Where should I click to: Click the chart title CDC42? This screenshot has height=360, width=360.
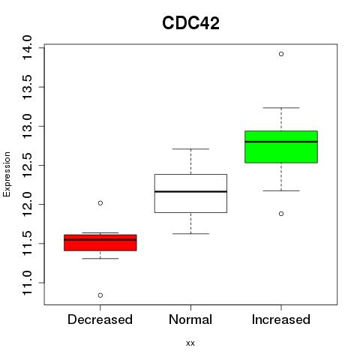click(x=190, y=23)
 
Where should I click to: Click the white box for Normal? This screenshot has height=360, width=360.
click(x=190, y=193)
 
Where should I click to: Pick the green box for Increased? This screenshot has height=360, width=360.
click(x=281, y=147)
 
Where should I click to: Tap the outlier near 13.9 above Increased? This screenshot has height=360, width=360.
click(x=281, y=54)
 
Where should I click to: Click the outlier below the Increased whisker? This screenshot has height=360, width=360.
click(x=281, y=214)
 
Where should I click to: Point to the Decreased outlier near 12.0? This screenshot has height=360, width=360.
click(x=100, y=203)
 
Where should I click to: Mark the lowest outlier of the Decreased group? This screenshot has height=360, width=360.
click(x=100, y=295)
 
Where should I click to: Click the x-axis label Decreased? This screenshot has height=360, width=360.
click(x=100, y=319)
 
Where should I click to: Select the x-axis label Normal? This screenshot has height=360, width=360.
click(x=190, y=319)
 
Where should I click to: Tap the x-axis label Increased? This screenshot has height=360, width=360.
click(x=281, y=319)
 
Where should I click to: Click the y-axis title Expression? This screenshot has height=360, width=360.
click(x=7, y=174)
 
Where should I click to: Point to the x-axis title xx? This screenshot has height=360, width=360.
click(x=190, y=343)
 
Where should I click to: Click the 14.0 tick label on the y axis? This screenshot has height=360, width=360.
click(x=27, y=47)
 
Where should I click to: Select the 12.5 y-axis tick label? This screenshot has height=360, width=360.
click(x=27, y=165)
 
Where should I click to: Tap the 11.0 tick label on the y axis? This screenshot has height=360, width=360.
click(x=27, y=283)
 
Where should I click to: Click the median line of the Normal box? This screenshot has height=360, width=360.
click(x=190, y=192)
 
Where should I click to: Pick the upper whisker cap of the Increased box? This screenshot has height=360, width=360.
click(x=281, y=108)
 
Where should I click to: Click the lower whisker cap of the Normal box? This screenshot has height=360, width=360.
click(x=190, y=234)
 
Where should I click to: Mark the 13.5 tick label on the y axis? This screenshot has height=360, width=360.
click(x=27, y=87)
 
